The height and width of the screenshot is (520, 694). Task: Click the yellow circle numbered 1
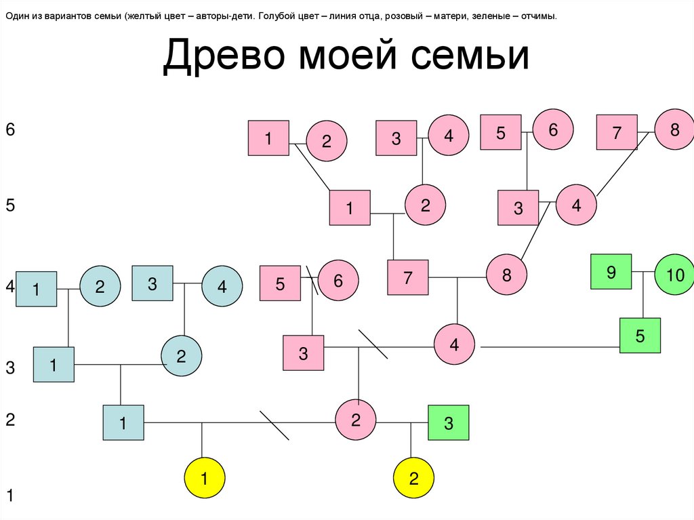pos(205,479)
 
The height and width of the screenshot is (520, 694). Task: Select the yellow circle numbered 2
pos(413,479)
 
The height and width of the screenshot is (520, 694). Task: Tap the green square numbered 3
pos(448,424)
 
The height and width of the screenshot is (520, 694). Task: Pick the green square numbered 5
pos(640,336)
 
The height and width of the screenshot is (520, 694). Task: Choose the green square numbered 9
pos(611,272)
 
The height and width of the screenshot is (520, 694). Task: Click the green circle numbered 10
pos(675,274)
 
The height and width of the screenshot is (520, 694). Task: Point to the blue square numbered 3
pos(152,284)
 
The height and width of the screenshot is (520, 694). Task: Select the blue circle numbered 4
pos(222,287)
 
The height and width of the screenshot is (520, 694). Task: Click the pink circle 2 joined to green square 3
pos(356,420)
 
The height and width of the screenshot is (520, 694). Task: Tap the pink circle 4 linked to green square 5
pos(454,344)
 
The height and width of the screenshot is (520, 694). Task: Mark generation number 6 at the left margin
pos(9,129)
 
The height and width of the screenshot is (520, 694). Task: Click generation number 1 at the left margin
pos(9,496)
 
